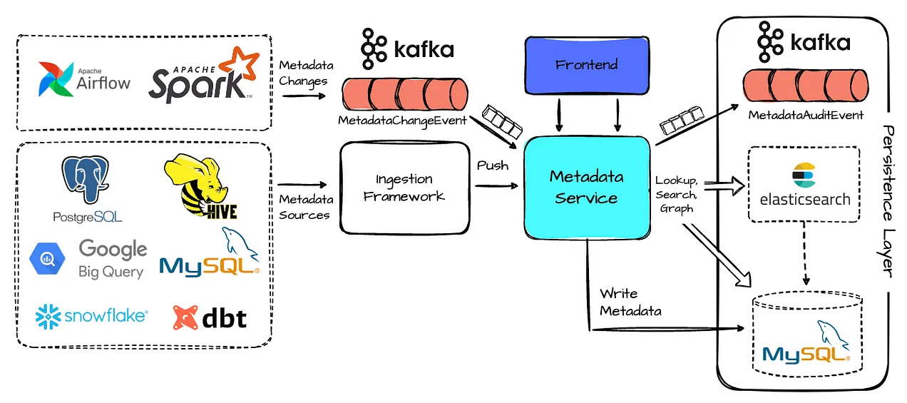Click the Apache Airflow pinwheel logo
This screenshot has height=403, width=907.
(x=56, y=79)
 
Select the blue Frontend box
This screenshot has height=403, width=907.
(x=587, y=65)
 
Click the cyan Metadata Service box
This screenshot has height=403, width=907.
(x=587, y=188)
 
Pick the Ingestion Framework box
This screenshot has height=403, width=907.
(x=404, y=188)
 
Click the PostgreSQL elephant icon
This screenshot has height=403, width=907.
(x=86, y=178)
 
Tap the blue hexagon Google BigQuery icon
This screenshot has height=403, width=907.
(x=47, y=258)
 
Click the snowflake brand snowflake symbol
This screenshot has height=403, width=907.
(x=48, y=316)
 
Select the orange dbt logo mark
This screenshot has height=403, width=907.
(x=185, y=317)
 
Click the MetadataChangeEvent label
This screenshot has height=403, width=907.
(x=402, y=121)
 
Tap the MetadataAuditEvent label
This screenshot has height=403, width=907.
(x=806, y=115)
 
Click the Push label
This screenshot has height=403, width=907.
(x=493, y=165)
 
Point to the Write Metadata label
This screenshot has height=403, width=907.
(x=630, y=302)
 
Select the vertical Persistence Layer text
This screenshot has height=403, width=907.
(x=888, y=201)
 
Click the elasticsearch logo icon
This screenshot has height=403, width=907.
(x=804, y=175)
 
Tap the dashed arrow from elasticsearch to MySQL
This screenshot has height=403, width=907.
(x=805, y=253)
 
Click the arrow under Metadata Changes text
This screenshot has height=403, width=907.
(x=304, y=96)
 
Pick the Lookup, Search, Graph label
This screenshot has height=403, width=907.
(x=677, y=195)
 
